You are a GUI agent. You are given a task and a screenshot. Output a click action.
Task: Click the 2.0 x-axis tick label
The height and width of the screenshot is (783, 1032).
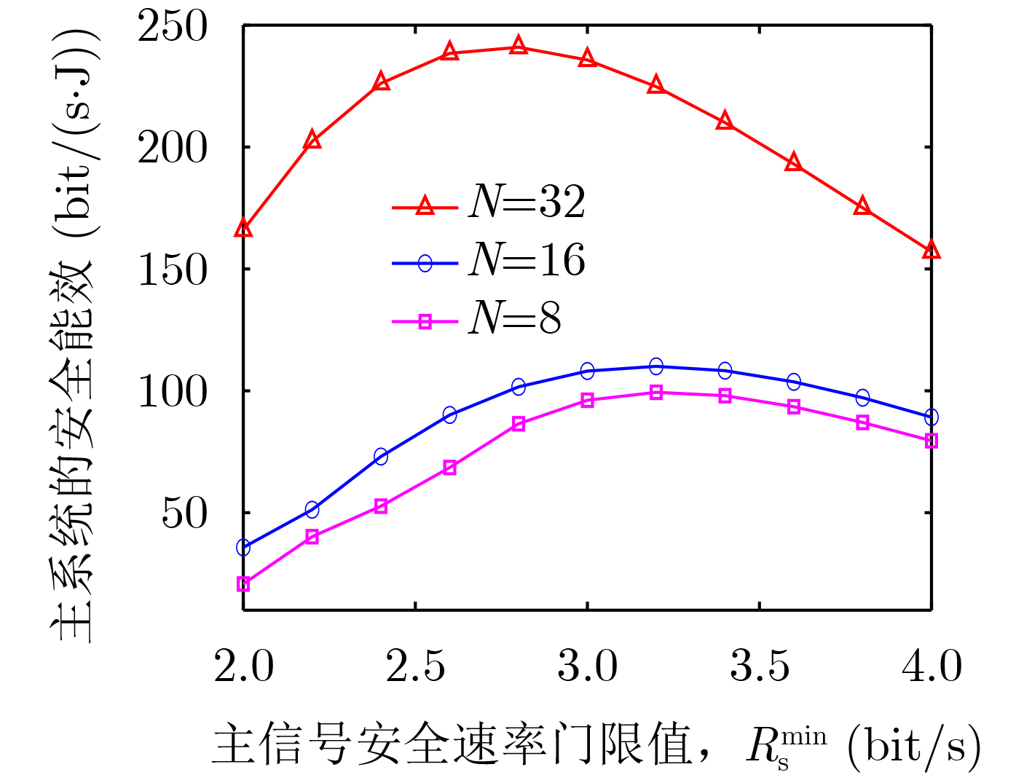pos(243,666)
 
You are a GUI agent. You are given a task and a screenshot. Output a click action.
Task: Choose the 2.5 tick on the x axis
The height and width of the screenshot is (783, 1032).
pos(415,666)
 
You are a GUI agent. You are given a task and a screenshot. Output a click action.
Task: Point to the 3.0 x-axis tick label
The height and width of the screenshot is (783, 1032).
pos(587,666)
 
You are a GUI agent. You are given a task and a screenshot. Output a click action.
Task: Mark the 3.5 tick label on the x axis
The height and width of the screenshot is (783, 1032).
pos(760,666)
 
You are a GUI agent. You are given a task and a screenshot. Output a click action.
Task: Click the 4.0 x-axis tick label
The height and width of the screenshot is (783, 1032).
pos(931,666)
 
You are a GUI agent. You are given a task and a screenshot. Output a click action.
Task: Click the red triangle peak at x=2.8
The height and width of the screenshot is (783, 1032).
pos(519,46)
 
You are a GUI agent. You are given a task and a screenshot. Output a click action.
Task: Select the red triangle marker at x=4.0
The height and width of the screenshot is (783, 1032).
pos(931,251)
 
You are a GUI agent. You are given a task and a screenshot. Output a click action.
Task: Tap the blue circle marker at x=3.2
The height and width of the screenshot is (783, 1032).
pos(656,366)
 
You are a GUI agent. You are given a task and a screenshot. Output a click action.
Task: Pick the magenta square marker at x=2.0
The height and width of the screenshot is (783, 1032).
pos(243,584)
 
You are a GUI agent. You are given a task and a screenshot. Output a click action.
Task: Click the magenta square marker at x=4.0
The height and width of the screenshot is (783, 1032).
pos(931,441)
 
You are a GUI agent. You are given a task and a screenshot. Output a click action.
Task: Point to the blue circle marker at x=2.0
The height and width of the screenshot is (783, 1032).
pos(243,547)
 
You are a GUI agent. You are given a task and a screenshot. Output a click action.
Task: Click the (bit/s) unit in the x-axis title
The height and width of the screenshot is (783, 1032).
pos(914,747)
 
